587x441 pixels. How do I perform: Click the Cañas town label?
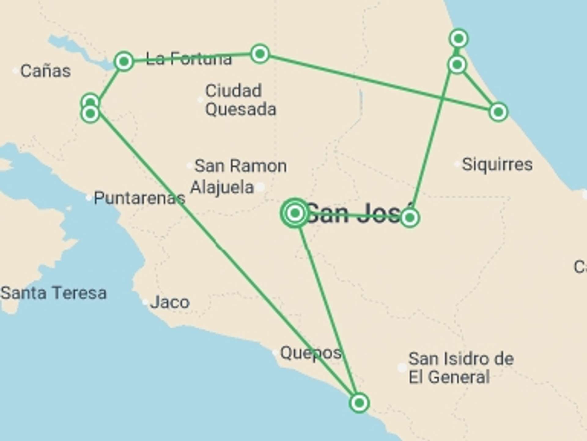click(x=45, y=71)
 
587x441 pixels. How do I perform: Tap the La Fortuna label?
click(x=189, y=58)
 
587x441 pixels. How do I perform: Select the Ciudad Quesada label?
click(x=240, y=100)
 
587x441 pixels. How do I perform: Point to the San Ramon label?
click(x=241, y=166)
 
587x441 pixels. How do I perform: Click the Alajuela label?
click(x=222, y=187)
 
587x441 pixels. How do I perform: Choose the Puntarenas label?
click(x=139, y=198)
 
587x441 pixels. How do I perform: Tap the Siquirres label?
click(x=497, y=164)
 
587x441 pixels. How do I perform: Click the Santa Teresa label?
click(x=54, y=293)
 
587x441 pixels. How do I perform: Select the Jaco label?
click(x=170, y=302)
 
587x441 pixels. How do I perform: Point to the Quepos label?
click(x=311, y=353)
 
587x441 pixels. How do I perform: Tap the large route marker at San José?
click(x=295, y=213)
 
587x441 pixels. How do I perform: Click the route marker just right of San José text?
click(x=409, y=217)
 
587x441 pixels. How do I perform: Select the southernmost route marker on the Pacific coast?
click(x=359, y=403)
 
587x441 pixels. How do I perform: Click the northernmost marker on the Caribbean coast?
click(x=459, y=39)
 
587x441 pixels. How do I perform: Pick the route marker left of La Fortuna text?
click(x=124, y=62)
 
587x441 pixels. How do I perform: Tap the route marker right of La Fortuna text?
click(x=260, y=54)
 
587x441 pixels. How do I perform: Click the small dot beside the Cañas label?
click(x=15, y=71)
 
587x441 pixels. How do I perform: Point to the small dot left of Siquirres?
click(x=457, y=164)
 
